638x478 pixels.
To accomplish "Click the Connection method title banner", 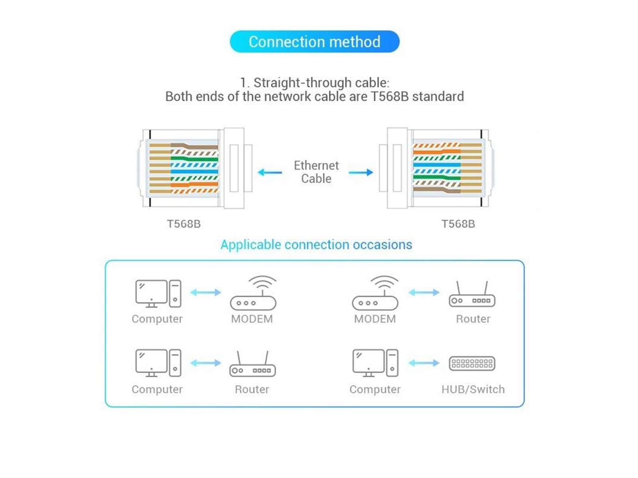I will tap(314, 41).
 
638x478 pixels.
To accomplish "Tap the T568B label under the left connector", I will tap(183, 224).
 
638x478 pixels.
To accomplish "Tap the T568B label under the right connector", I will tap(458, 224).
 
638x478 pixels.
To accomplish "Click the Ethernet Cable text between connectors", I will tap(316, 172).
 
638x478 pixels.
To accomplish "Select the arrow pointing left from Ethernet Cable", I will tap(270, 172).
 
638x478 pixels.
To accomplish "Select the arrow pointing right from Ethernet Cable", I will tap(361, 172).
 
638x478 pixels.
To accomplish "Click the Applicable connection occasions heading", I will tap(316, 245).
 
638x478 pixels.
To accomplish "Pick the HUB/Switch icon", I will tap(472, 363).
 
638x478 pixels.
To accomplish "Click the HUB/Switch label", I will tap(473, 389).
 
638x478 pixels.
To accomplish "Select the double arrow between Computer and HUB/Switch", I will tap(423, 363).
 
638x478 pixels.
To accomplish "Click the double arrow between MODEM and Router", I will tap(423, 293).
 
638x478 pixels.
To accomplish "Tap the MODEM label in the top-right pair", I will tap(375, 319).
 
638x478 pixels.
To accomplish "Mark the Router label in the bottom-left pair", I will tap(252, 389).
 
